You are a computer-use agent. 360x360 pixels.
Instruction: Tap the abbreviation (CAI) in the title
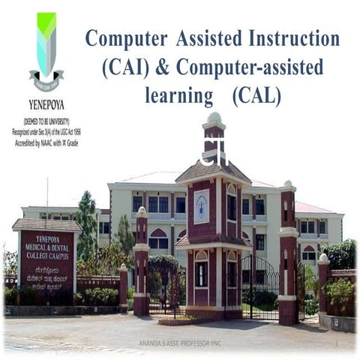click(x=127, y=67)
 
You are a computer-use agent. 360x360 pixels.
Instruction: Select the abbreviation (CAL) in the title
click(x=256, y=95)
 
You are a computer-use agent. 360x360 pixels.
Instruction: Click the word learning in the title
click(x=178, y=96)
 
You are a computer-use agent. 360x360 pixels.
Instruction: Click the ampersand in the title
click(x=162, y=67)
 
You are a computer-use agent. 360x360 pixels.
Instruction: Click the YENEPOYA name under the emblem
click(x=46, y=105)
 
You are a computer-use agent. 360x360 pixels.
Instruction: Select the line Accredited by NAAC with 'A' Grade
click(x=46, y=142)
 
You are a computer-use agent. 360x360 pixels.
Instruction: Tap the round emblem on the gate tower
click(x=201, y=206)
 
